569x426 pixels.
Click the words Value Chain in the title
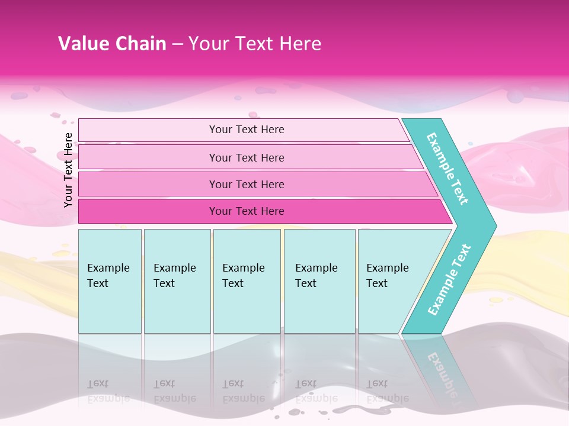pos(112,44)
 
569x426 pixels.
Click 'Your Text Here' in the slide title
pos(255,44)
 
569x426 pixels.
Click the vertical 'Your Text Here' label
pos(68,170)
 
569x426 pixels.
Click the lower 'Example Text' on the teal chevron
pos(449,280)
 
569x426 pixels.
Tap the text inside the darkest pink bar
pos(247,211)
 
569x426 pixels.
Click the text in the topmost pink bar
pos(247,130)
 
